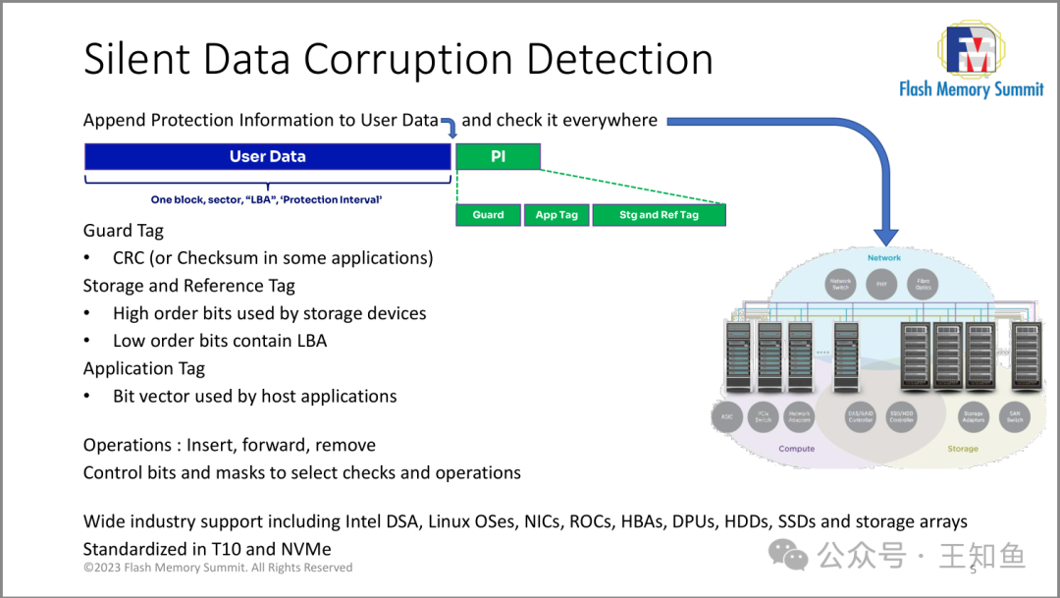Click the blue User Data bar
[267, 156]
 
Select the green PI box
[498, 156]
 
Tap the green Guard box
[488, 215]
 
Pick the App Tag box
[556, 215]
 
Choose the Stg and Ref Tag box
[659, 215]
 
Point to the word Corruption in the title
[410, 59]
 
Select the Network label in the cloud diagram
[883, 258]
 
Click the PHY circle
[881, 285]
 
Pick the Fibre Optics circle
[923, 285]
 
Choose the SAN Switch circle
[1014, 416]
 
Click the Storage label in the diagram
[962, 449]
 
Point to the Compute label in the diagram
[796, 449]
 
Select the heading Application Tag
[144, 369]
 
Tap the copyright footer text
[218, 568]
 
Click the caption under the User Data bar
[266, 200]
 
